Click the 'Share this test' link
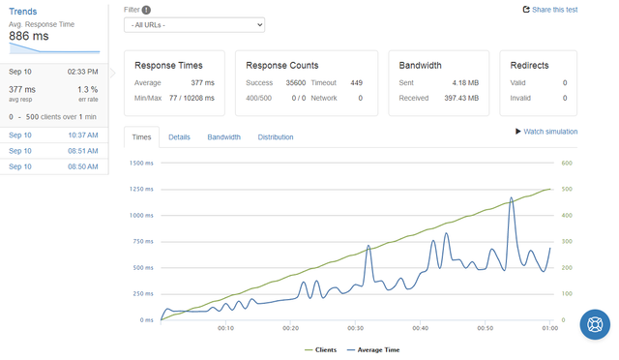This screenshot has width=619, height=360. click(550, 10)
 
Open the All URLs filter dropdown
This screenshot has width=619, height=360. click(194, 25)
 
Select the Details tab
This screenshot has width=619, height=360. click(179, 137)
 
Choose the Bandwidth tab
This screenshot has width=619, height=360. click(223, 137)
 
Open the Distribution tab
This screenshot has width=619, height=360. click(276, 137)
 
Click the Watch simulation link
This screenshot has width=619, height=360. click(546, 132)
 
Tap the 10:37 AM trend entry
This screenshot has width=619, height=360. click(54, 135)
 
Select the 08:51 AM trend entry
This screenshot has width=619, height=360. click(54, 151)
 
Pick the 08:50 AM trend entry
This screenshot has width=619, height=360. click(54, 166)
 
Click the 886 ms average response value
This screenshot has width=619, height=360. click(29, 36)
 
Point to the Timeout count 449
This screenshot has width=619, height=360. click(357, 82)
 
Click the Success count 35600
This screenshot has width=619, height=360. click(296, 82)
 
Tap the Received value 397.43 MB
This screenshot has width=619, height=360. click(461, 98)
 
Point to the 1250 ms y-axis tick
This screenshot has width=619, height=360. click(141, 190)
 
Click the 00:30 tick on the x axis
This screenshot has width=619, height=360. click(355, 328)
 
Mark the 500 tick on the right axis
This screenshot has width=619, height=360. click(567, 190)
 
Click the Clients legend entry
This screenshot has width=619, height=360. click(321, 349)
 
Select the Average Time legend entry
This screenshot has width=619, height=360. click(373, 349)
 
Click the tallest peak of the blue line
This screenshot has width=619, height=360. click(512, 197)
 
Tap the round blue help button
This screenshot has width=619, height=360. click(595, 324)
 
